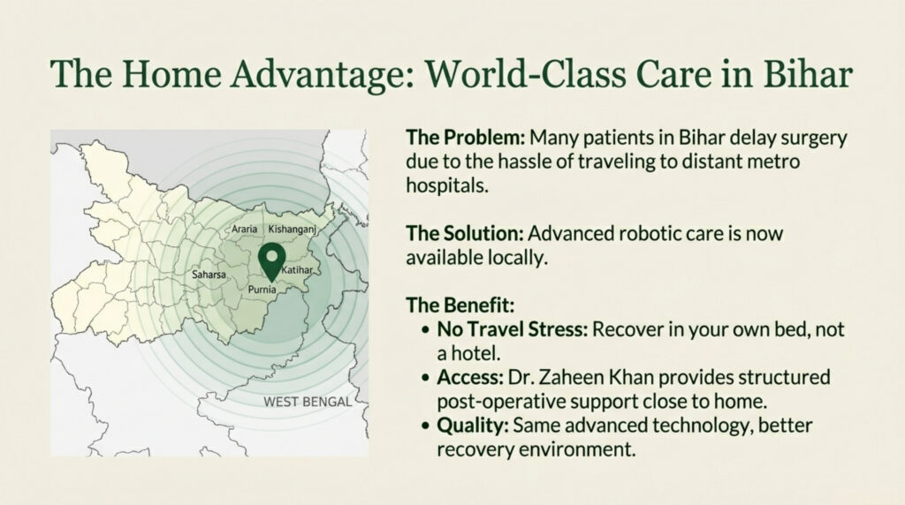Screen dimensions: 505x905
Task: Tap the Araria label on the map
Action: (244, 230)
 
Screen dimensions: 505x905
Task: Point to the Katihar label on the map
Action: (301, 267)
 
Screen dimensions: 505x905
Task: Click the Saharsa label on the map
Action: (209, 275)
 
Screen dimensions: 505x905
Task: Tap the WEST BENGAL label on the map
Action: (307, 402)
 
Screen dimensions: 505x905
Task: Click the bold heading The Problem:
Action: (465, 139)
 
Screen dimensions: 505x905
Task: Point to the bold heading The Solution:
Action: (465, 234)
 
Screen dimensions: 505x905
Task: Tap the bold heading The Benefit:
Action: (460, 305)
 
